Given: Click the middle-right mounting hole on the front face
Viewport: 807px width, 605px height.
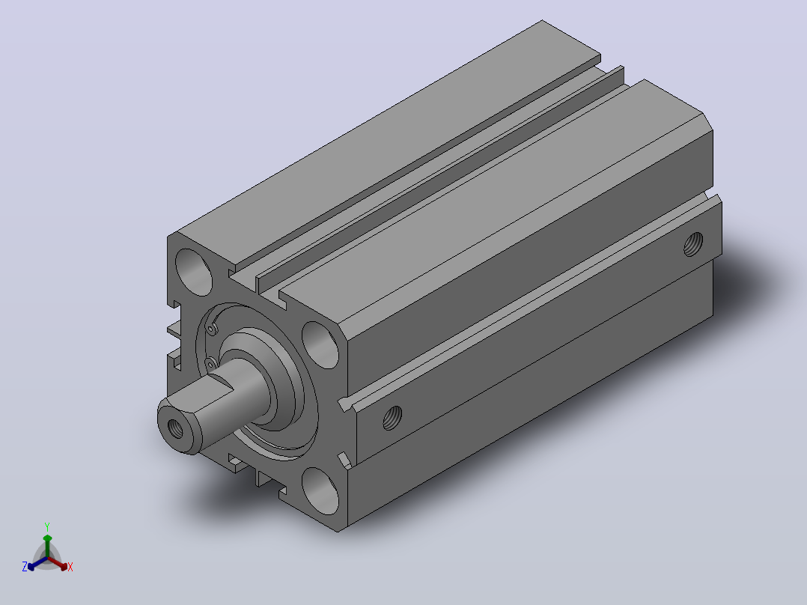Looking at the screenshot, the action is coord(320,344).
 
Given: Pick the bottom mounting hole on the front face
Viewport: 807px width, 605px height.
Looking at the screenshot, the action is coord(320,490).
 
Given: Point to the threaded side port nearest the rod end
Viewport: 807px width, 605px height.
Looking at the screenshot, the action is coord(393,418).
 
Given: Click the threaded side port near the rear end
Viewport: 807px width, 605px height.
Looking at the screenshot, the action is coord(693,244).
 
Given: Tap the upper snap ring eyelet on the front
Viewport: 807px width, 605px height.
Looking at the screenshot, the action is coord(212,329).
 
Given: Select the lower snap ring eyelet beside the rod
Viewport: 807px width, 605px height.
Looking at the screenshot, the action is coord(210,363).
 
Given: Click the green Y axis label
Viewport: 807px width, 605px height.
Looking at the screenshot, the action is coord(47,526).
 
